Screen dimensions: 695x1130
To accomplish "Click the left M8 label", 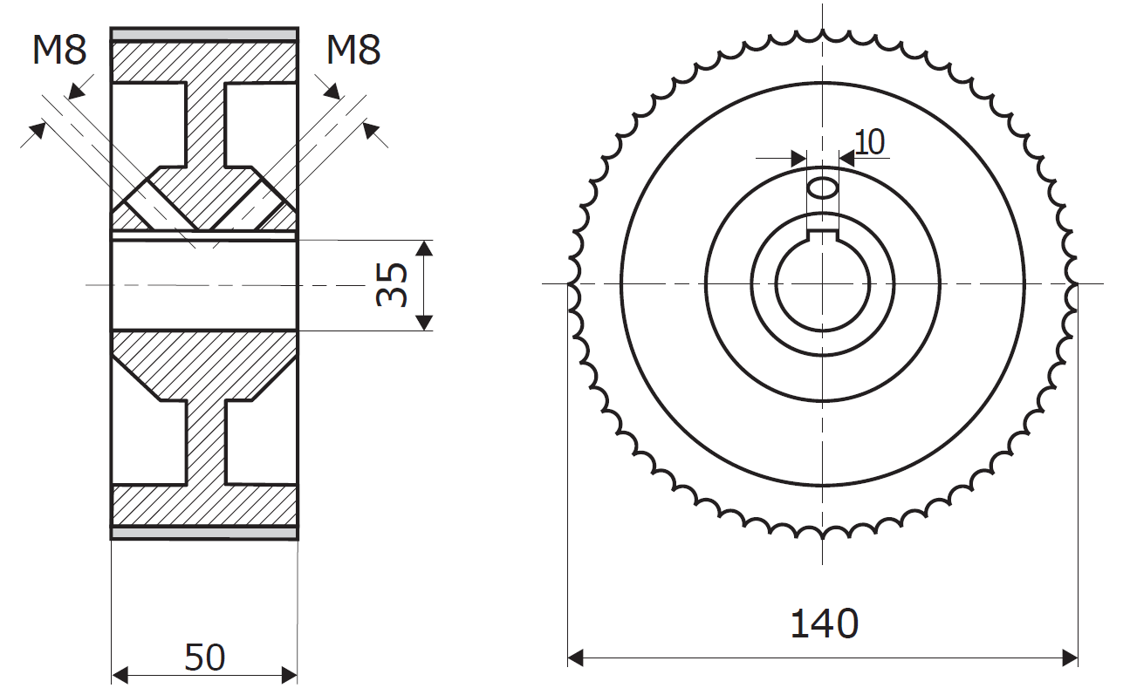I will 59,51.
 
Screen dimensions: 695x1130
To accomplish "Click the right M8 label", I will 353,51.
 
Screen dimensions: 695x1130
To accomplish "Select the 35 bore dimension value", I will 392,284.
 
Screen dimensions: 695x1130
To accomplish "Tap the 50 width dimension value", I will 205,658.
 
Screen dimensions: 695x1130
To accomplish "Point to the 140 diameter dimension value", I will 823,624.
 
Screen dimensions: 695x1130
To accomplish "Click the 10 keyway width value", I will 869,141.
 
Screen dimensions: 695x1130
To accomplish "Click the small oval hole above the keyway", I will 823,187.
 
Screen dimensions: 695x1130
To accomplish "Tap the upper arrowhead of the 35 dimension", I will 424,248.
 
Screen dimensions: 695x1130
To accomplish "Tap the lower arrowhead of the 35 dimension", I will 424,322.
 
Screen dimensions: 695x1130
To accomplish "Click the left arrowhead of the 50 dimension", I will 120,675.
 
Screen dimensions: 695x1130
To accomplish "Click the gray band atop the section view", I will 205,34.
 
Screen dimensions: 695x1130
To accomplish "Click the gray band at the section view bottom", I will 205,532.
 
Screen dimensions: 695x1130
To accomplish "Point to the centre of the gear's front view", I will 823,283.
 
